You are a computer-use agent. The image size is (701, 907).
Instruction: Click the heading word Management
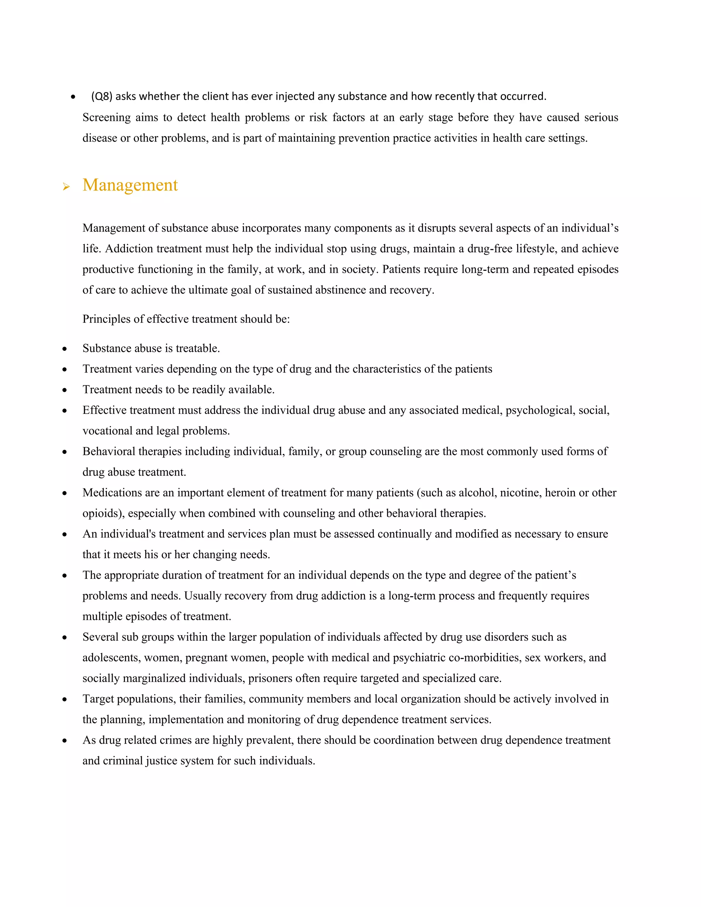click(x=130, y=185)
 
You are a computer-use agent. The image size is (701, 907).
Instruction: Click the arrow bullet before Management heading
click(x=66, y=187)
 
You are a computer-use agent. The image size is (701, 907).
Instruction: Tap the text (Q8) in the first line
click(x=102, y=97)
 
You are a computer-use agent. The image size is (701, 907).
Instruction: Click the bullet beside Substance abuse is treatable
click(x=64, y=349)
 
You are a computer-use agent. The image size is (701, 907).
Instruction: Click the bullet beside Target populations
click(x=64, y=699)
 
